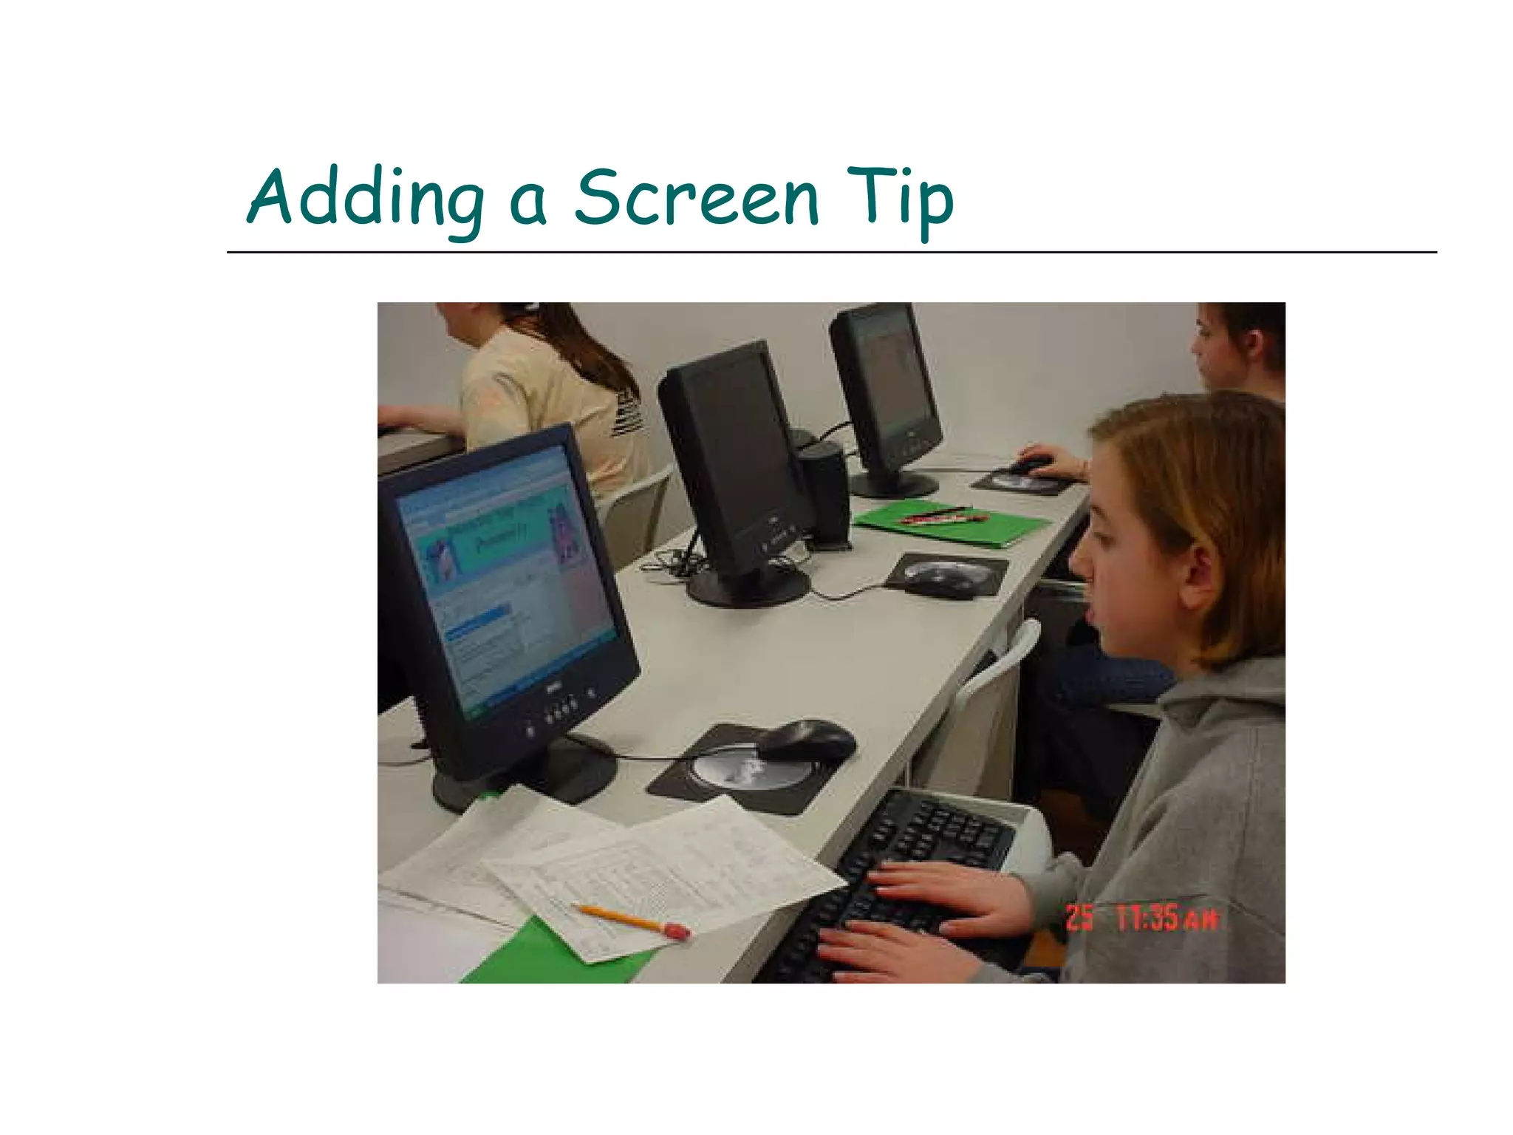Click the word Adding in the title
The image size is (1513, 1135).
365,198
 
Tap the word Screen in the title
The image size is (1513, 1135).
696,198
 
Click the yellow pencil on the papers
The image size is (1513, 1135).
628,919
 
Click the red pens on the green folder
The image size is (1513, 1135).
942,516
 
